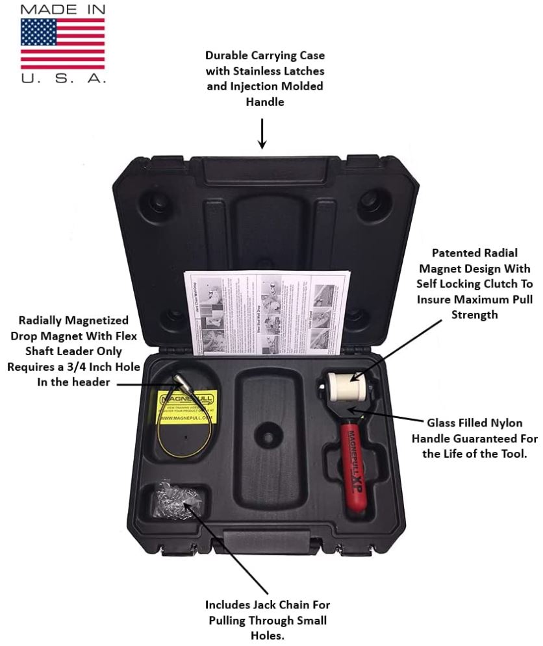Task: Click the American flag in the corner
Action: [x=62, y=43]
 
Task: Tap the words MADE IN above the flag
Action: [x=62, y=10]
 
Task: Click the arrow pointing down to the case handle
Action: [x=262, y=132]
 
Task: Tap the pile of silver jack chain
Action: [x=171, y=502]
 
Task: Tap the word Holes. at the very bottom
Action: [x=267, y=636]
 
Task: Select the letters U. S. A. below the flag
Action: [x=62, y=77]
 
